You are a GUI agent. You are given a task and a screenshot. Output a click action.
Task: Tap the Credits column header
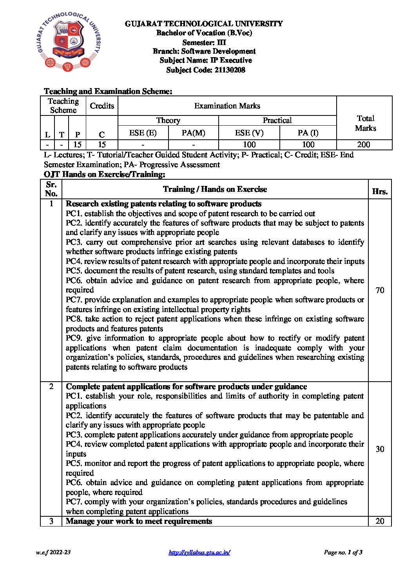point(102,106)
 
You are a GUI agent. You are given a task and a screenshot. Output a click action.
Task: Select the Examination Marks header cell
point(227,106)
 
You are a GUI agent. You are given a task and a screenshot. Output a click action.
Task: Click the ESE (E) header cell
point(143,133)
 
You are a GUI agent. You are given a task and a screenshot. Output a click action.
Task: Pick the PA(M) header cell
point(193,133)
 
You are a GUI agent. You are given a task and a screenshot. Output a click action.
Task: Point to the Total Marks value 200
point(364,144)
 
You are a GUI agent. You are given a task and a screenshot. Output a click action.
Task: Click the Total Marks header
point(365,123)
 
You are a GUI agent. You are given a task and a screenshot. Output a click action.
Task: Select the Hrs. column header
point(380,191)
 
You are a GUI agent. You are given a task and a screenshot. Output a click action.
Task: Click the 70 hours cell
point(380,290)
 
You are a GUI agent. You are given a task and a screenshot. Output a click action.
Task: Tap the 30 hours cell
point(380,449)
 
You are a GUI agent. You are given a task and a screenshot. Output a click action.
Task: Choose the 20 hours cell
point(380,521)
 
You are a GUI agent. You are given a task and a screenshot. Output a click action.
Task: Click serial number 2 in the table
point(51,386)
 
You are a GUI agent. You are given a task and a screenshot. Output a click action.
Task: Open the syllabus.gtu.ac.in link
point(199,552)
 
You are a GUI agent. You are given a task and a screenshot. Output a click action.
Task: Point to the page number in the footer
point(343,552)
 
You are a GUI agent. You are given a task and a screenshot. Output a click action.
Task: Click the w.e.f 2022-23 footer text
point(53,552)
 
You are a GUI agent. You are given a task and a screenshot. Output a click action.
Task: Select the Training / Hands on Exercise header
point(215,189)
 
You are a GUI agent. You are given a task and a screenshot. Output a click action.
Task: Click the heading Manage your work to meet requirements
point(139,521)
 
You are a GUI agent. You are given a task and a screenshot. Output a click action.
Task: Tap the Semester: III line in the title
point(204,42)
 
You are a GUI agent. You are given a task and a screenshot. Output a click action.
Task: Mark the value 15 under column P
point(78,144)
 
